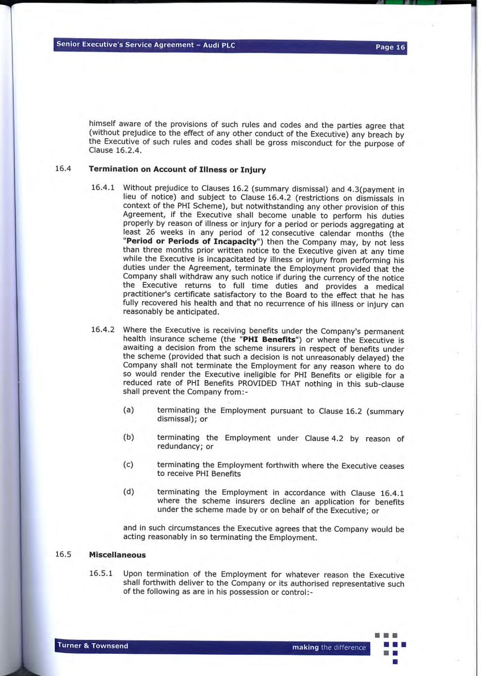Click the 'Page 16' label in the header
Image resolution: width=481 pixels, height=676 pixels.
(390, 47)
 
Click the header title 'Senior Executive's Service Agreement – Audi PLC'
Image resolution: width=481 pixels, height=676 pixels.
(145, 45)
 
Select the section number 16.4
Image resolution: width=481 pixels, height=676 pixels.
(63, 168)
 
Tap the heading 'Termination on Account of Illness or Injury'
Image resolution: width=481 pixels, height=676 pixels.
(177, 169)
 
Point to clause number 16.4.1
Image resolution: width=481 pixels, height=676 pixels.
(102, 187)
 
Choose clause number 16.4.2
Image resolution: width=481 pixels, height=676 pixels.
(102, 330)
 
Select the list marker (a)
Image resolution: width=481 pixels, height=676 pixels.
(128, 410)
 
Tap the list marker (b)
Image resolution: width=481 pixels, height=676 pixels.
(128, 437)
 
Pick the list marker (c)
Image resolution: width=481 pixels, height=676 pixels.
(128, 465)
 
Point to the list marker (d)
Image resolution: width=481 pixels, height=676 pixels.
(128, 492)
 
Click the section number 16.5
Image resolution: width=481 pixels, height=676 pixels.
(63, 554)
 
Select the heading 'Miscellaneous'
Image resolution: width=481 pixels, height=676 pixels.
(117, 555)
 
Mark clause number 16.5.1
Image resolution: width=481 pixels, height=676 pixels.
(100, 573)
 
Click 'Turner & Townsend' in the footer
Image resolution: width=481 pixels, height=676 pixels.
(93, 646)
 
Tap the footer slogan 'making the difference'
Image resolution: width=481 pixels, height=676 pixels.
(329, 647)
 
